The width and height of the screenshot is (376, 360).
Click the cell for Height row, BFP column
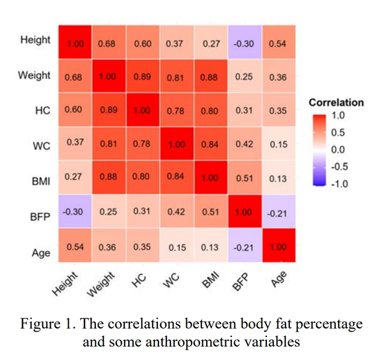pos(245,43)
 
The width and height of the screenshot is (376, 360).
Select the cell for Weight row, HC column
pos(142,76)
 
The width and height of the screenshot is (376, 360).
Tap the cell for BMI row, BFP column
pos(245,178)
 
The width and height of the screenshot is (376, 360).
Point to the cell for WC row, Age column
pos(278,144)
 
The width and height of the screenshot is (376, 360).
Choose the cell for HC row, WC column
pos(177,110)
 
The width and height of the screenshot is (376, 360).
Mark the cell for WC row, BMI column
pos(210,144)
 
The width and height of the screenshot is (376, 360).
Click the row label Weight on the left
pos(35,76)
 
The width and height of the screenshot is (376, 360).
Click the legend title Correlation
pos(336,102)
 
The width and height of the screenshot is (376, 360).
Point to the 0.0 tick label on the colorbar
pos(339,149)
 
